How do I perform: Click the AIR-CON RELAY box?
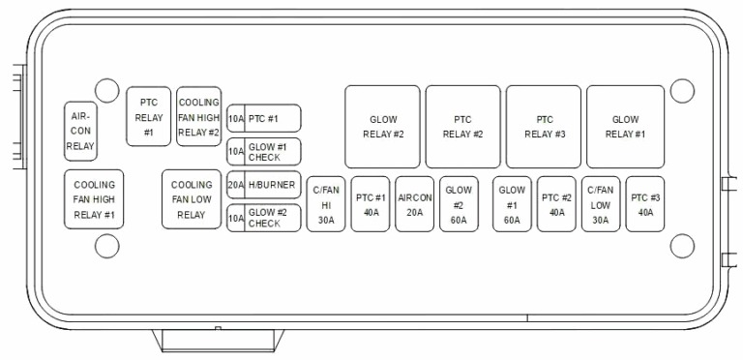80,132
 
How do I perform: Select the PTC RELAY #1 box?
148,116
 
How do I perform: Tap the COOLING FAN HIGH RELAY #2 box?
199,116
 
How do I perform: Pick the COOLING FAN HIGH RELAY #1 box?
94,199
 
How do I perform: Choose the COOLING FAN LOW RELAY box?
192,199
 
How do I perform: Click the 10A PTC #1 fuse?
264,118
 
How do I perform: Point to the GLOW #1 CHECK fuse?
264,152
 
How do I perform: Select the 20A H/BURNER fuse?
264,185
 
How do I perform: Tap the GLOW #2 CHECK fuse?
264,218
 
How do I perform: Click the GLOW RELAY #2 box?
382,127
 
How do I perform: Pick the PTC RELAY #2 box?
463,127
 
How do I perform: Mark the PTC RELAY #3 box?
544,127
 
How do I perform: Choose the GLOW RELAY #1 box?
626,127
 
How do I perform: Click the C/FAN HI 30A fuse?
326,204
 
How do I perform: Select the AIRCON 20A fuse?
415,204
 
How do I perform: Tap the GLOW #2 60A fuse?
459,204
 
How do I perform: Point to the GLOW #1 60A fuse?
512,204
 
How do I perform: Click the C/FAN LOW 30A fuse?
601,204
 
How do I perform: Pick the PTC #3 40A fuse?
645,204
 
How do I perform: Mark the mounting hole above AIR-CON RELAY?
107,90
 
